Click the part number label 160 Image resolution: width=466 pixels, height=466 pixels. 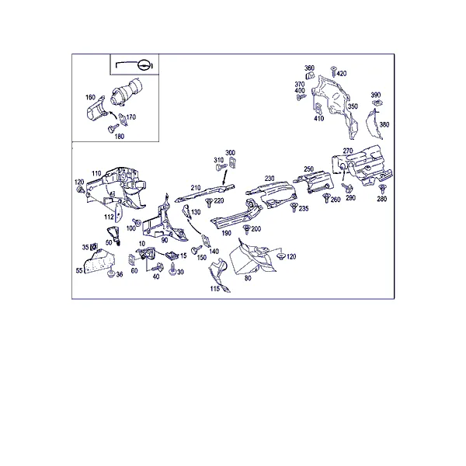click(90, 97)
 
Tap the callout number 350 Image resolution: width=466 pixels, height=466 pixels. click(353, 106)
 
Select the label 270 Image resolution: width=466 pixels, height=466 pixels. click(348, 151)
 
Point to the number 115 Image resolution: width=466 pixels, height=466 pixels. click(215, 289)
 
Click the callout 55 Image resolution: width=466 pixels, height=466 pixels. click(79, 270)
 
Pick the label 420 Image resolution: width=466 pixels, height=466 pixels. click(342, 74)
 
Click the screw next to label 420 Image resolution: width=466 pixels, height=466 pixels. click(333, 71)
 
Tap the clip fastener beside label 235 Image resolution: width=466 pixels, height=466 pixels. click(294, 207)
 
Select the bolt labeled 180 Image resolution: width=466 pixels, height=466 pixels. click(112, 129)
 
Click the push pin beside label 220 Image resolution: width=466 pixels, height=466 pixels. click(209, 203)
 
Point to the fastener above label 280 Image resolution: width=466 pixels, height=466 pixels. click(382, 189)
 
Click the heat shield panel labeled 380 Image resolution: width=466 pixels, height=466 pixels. click(373, 124)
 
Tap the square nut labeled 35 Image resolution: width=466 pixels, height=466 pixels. click(94, 246)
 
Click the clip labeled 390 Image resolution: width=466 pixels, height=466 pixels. click(377, 103)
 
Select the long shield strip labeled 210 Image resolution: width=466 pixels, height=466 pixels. click(204, 193)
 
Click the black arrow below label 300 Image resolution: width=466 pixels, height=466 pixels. click(224, 178)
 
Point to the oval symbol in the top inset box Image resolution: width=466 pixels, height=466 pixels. click(144, 64)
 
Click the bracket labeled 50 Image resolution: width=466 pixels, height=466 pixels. click(113, 235)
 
